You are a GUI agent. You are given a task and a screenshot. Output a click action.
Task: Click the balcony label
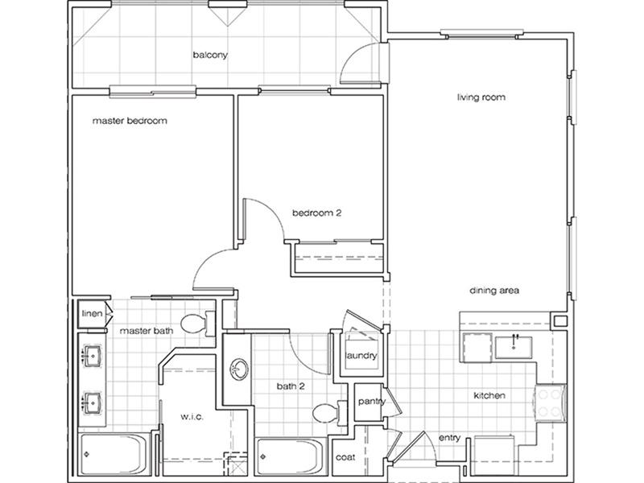tap(210, 55)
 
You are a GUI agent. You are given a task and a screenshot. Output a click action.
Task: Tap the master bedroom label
tap(130, 121)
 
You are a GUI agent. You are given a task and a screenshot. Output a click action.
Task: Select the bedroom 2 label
tap(316, 213)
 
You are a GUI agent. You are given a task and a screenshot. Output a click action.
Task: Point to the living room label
tap(481, 97)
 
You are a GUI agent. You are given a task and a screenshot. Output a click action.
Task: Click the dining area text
tap(494, 291)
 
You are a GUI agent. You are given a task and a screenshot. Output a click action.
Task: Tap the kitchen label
tap(489, 395)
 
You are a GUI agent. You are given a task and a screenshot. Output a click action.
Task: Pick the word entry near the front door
tap(449, 438)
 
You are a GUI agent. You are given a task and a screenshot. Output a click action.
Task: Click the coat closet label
tap(345, 457)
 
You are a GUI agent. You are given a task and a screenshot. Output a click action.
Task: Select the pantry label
tap(372, 401)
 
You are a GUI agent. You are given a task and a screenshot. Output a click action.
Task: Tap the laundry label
tap(361, 355)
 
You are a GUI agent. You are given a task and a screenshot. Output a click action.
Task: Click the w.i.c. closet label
tap(192, 416)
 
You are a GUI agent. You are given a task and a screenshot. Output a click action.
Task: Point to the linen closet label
tap(92, 313)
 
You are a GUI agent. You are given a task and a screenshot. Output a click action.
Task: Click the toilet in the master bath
tap(197, 324)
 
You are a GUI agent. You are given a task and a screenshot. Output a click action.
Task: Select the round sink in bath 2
tap(238, 369)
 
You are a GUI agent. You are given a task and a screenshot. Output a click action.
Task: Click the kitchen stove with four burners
tap(550, 403)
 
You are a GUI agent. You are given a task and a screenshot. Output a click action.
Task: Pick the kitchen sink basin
tap(514, 348)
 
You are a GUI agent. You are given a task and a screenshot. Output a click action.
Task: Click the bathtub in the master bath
tap(114, 453)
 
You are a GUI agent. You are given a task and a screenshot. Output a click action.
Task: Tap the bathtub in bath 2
tap(291, 456)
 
